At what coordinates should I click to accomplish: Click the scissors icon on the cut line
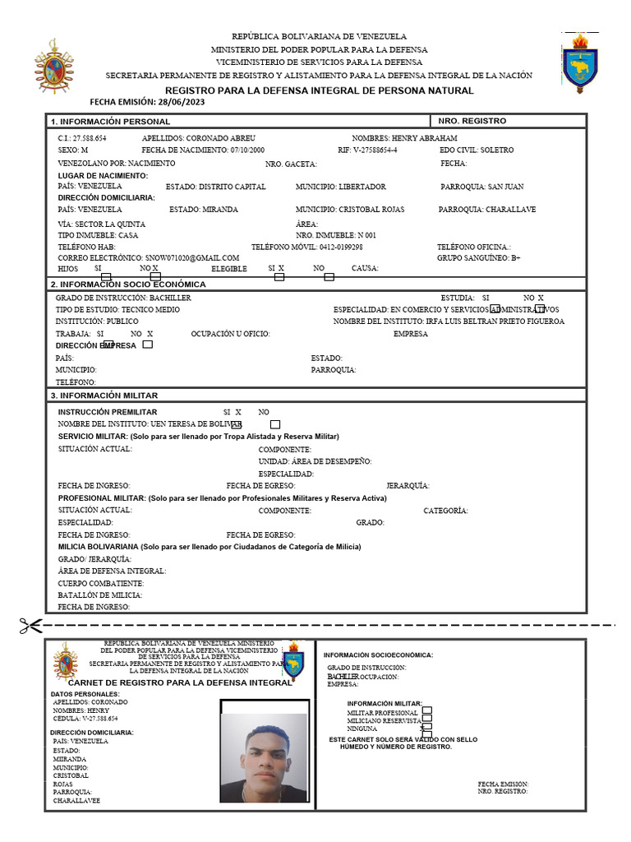30,626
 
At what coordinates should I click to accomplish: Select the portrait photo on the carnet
265,752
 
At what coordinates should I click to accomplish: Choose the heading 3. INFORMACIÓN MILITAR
105,396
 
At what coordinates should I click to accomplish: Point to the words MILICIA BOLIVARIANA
98,546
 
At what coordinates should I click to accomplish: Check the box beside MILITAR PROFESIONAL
426,711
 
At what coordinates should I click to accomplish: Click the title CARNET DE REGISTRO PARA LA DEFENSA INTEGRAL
179,682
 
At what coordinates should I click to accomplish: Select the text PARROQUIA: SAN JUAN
481,187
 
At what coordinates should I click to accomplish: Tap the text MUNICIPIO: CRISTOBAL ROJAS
346,210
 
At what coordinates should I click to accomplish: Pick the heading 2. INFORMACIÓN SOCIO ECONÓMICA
128,284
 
